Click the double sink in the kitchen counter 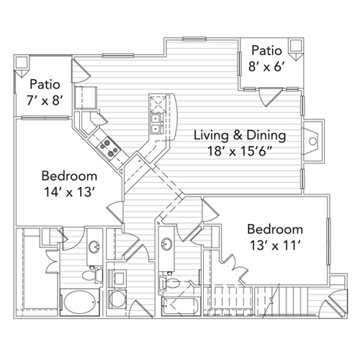pyautogui.click(x=157, y=124)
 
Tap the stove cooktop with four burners pyautogui.click(x=109, y=147)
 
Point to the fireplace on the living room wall pyautogui.click(x=311, y=141)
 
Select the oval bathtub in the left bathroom pyautogui.click(x=80, y=302)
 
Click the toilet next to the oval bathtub pyautogui.click(x=92, y=275)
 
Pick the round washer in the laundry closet pyautogui.click(x=117, y=299)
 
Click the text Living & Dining pyautogui.click(x=240, y=135)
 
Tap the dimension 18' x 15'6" pyautogui.click(x=240, y=151)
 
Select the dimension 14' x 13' pyautogui.click(x=69, y=192)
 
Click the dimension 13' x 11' pyautogui.click(x=275, y=246)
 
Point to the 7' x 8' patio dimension pyautogui.click(x=45, y=100)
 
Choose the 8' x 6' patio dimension pyautogui.click(x=266, y=66)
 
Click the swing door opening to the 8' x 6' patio pyautogui.click(x=270, y=96)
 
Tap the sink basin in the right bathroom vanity pyautogui.click(x=167, y=243)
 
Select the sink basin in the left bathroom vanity pyautogui.click(x=94, y=246)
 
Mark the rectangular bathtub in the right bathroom pyautogui.click(x=181, y=306)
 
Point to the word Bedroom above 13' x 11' pyautogui.click(x=275, y=229)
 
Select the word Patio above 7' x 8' pyautogui.click(x=45, y=84)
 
